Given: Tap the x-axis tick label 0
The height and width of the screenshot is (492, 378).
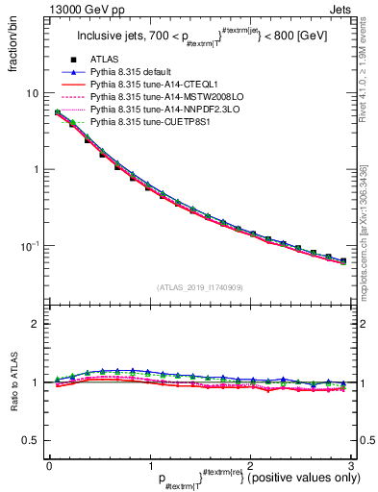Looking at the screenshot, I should tap(49, 465).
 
